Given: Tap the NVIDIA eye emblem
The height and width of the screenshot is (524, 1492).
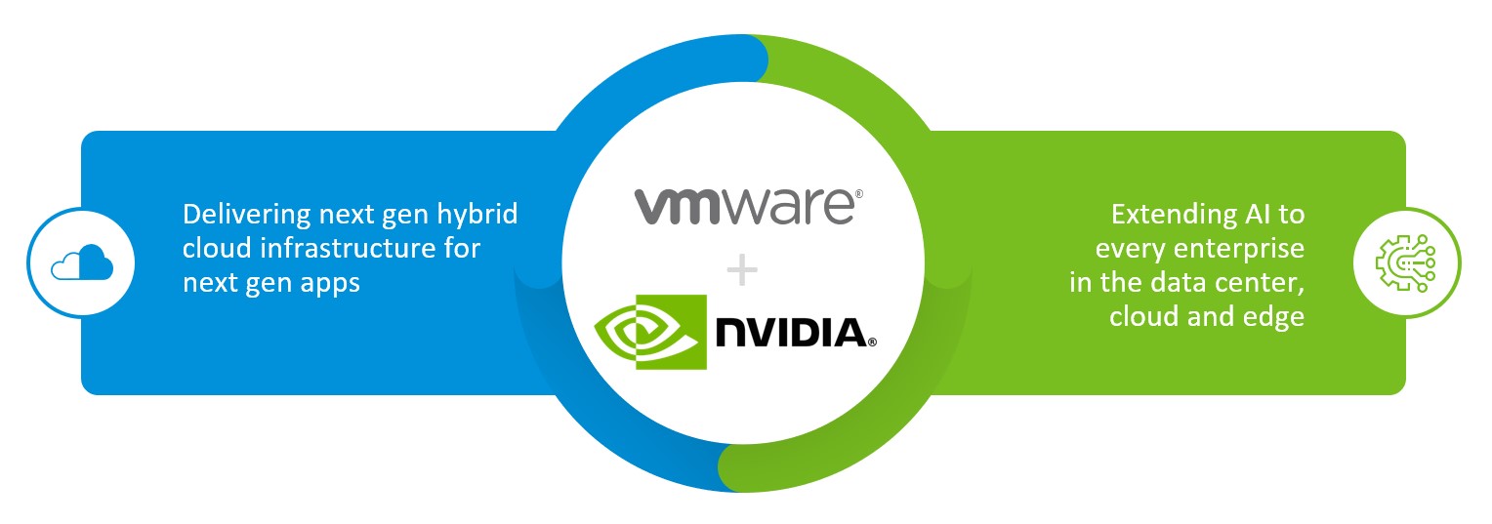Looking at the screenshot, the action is click(x=650, y=332).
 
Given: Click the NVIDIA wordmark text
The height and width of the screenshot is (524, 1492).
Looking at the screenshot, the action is click(x=791, y=332).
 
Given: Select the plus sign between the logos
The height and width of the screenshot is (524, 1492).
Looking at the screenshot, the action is click(x=742, y=271).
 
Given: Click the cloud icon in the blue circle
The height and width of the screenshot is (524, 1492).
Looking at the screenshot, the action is click(x=82, y=262).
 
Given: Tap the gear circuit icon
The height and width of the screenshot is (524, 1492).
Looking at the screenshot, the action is click(x=1405, y=262).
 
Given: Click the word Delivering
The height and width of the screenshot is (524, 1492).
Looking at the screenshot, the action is click(x=246, y=216).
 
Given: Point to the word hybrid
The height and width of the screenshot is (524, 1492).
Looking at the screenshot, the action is click(x=477, y=215).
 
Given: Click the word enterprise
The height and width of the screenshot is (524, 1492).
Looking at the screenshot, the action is click(x=1239, y=250).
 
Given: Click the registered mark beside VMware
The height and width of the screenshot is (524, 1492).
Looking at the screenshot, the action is click(x=858, y=194).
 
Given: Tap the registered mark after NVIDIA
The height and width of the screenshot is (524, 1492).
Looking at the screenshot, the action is click(x=873, y=343).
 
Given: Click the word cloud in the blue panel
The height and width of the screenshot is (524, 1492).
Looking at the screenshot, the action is click(x=218, y=248).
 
